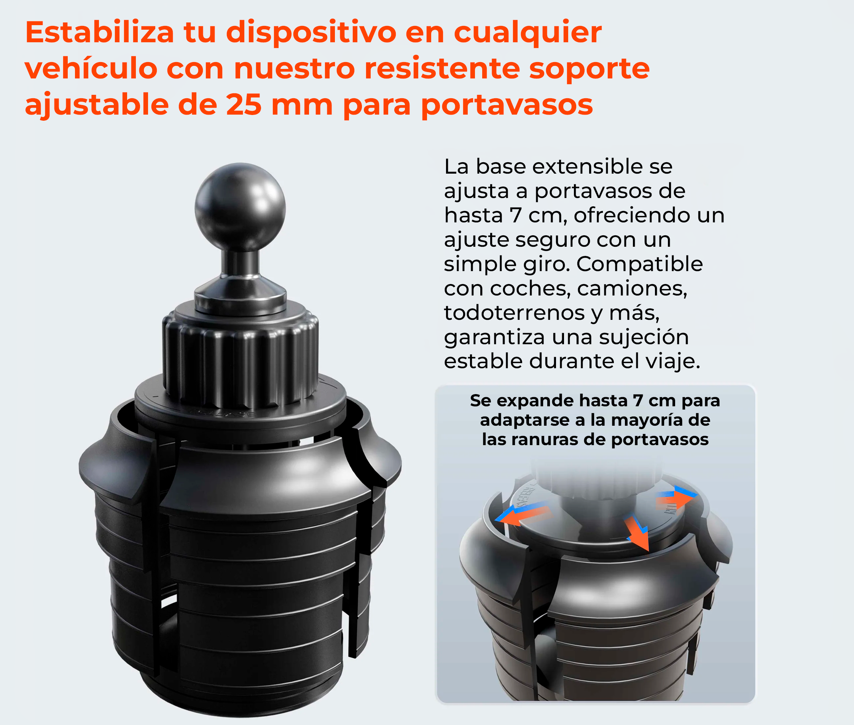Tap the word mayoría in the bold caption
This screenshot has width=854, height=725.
[x=647, y=420]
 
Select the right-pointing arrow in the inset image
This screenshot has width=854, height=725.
[x=676, y=498]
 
